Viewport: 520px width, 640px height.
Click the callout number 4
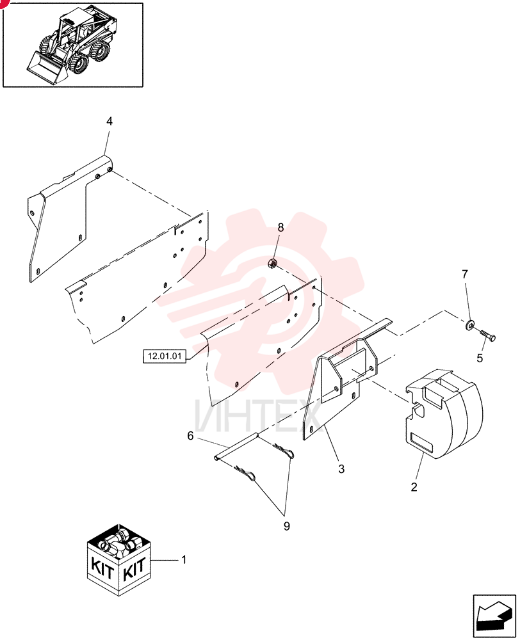[x=109, y=121]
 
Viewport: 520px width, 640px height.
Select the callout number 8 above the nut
[x=280, y=227]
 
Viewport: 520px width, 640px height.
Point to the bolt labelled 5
[x=486, y=335]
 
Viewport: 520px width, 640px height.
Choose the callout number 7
[x=465, y=275]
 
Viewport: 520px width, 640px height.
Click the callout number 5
[x=480, y=358]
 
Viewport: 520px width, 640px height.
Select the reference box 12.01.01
[x=164, y=356]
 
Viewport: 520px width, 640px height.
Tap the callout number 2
[x=414, y=486]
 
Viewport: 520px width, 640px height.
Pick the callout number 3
[x=341, y=469]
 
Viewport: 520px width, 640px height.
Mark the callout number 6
[x=190, y=436]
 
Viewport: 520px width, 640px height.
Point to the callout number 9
[x=286, y=527]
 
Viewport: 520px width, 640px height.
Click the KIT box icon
[x=119, y=559]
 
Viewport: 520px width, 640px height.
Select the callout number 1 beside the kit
[x=184, y=559]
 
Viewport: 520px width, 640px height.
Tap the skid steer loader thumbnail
[x=73, y=45]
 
